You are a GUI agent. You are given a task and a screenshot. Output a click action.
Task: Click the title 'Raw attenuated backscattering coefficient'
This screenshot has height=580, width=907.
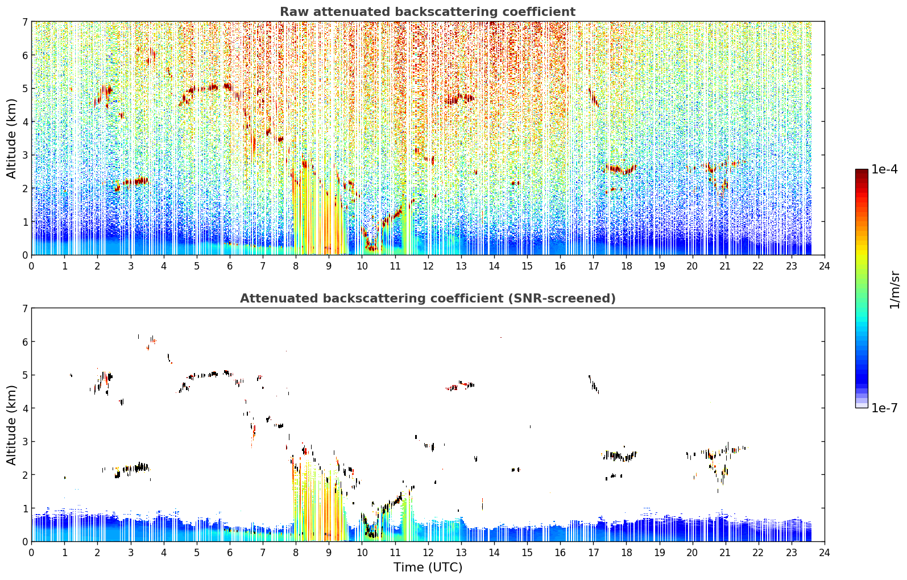click(x=428, y=12)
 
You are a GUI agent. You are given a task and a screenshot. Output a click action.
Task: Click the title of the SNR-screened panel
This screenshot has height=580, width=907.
click(x=428, y=298)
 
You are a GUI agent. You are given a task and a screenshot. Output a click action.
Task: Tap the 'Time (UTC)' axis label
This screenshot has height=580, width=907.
click(x=428, y=567)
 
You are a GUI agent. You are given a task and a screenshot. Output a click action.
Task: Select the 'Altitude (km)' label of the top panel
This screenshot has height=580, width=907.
click(x=11, y=139)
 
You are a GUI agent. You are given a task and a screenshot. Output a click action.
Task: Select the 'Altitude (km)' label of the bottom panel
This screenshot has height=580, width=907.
click(x=11, y=425)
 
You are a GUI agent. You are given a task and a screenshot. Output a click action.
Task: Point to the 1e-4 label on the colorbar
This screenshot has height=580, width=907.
click(x=884, y=169)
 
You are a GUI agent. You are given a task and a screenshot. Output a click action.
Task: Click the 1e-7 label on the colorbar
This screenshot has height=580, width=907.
click(x=884, y=408)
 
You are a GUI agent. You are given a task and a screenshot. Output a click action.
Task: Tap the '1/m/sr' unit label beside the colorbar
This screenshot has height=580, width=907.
click(x=894, y=290)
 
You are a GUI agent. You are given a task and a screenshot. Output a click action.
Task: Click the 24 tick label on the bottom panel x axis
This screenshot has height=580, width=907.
click(x=825, y=553)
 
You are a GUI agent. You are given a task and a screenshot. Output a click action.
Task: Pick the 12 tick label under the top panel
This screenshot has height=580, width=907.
click(x=428, y=266)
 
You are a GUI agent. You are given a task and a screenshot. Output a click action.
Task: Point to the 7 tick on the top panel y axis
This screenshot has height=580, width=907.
click(x=25, y=22)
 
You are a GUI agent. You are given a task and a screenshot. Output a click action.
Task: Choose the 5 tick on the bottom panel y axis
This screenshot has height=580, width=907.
click(x=25, y=375)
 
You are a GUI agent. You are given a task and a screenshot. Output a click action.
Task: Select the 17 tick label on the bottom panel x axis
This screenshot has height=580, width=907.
click(x=593, y=553)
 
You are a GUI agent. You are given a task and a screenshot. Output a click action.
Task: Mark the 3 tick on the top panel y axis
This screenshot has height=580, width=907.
click(x=25, y=155)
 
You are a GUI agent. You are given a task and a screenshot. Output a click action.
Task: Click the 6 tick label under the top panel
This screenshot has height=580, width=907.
click(x=230, y=266)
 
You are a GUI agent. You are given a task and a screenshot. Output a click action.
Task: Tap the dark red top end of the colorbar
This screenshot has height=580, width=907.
click(x=862, y=171)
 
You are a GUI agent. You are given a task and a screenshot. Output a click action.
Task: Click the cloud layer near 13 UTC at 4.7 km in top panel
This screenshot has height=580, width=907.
click(x=459, y=99)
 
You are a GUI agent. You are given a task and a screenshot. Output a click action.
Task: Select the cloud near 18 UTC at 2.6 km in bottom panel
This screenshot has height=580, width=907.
click(x=619, y=455)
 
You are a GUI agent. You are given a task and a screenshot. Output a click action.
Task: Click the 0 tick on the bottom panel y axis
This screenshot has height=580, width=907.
click(x=25, y=542)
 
